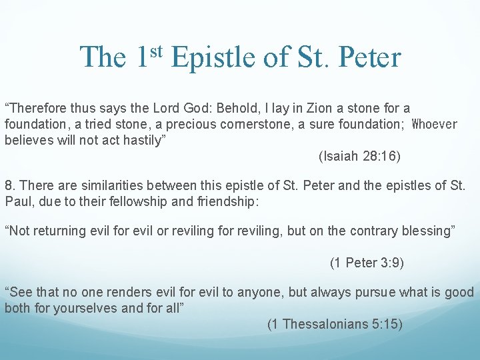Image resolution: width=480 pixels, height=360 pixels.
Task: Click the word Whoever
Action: (x=435, y=125)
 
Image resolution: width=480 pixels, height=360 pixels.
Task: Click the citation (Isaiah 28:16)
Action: (x=359, y=157)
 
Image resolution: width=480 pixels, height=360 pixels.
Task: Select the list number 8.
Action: (x=9, y=185)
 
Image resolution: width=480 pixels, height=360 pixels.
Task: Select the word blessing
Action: (x=429, y=231)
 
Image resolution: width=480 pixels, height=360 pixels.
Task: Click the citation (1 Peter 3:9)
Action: (x=367, y=263)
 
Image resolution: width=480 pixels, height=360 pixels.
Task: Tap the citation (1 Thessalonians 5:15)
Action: (x=335, y=325)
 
